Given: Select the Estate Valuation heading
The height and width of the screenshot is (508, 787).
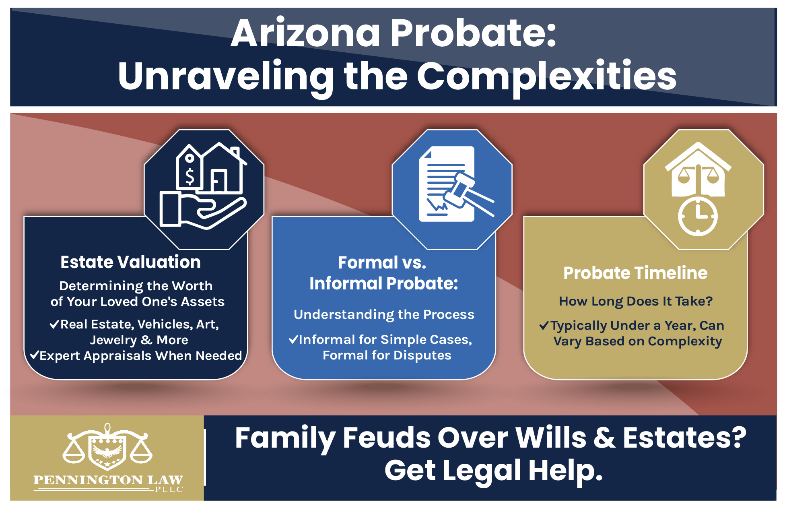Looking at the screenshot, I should (130, 262).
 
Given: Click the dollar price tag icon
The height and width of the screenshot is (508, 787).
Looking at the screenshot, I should (189, 169).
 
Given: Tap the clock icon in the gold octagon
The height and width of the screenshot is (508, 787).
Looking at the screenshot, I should (698, 216).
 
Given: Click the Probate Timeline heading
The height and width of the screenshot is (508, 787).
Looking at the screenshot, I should (635, 273).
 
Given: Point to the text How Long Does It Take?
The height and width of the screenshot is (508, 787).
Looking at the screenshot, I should (636, 301).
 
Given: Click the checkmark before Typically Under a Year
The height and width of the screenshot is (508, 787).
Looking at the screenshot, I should (544, 325).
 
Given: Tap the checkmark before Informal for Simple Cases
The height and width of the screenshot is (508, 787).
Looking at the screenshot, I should (293, 339).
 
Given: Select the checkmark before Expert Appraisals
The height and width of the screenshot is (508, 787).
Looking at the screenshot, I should (35, 355).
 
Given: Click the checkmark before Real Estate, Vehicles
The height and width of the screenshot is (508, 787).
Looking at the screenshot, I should (54, 324).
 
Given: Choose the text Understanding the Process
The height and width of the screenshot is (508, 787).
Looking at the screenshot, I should (384, 314).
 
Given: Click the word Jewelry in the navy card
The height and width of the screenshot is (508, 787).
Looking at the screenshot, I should (113, 340).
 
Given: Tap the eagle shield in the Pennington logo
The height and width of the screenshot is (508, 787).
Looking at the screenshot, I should (107, 451).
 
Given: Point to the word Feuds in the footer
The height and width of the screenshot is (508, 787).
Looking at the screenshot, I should (386, 438).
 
